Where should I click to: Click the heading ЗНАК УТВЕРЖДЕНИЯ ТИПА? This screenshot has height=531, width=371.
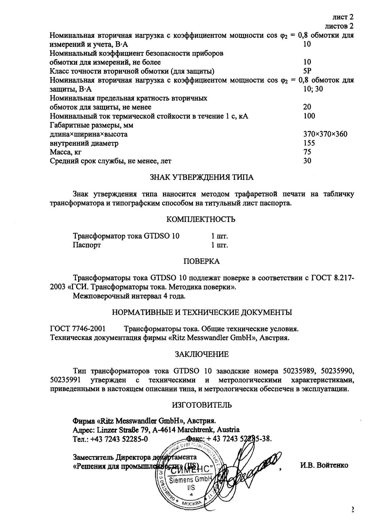[201, 177]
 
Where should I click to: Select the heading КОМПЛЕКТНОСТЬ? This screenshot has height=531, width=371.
[201, 220]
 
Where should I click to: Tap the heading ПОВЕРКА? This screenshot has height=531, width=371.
[201, 261]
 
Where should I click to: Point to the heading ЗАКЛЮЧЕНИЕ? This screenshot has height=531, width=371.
[201, 354]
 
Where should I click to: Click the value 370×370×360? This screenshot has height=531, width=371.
[325, 134]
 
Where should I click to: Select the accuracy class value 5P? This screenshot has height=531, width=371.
[307, 71]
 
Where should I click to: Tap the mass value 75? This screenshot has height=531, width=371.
[307, 152]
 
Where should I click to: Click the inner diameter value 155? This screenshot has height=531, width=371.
[309, 143]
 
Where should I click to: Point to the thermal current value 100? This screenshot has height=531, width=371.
[309, 116]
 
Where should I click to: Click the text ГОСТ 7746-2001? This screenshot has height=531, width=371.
[77, 329]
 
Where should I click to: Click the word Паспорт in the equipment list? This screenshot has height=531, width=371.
[87, 245]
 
